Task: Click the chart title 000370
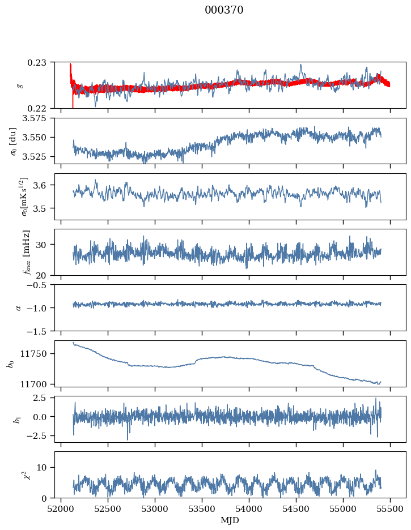point(224,10)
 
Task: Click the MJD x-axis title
point(230,520)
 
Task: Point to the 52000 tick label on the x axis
point(61,509)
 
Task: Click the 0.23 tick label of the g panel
point(42,62)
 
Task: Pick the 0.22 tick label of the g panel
point(42,108)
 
